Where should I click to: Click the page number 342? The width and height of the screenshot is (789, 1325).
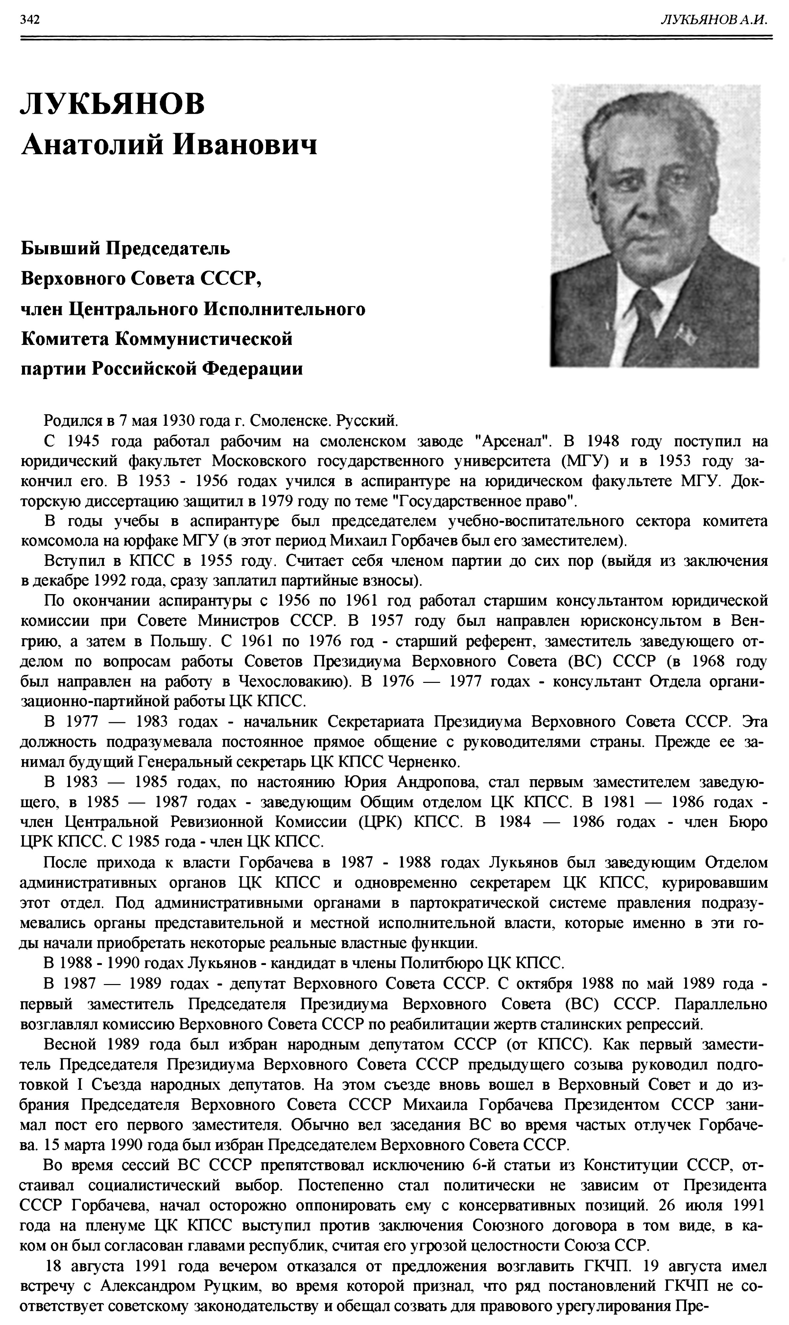[30, 20]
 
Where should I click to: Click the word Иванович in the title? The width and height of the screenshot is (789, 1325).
[247, 144]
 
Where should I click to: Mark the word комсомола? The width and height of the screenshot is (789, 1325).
[59, 541]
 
